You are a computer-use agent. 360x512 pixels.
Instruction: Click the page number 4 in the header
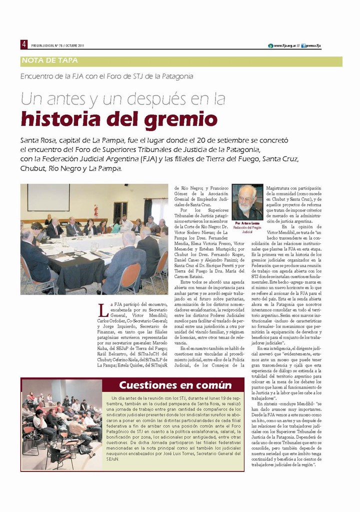tap(23, 44)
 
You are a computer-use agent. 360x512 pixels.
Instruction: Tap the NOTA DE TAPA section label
tap(50, 61)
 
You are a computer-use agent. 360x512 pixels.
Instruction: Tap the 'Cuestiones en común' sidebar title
tap(175, 385)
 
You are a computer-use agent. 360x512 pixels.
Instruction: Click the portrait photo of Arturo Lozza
tap(247, 201)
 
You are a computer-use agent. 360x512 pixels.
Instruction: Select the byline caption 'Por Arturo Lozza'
tap(247, 222)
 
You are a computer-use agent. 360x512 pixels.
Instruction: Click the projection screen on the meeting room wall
tap(48, 197)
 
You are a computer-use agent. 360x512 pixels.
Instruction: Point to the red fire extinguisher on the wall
tap(95, 209)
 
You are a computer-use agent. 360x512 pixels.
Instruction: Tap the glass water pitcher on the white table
tap(94, 246)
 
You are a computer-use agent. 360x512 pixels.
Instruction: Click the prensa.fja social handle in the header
tap(312, 45)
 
